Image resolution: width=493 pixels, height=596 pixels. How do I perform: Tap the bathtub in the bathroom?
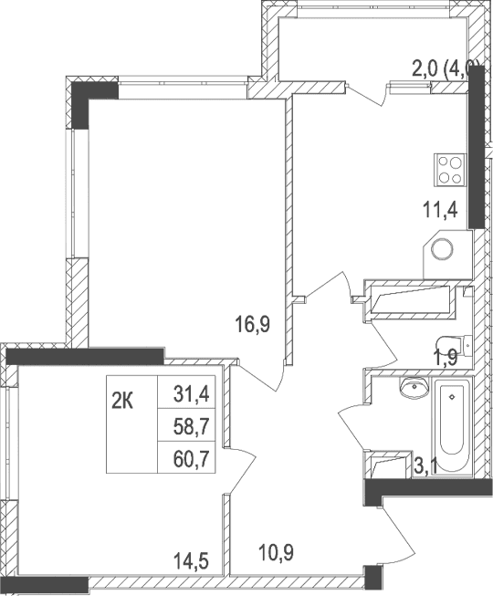point(451,426)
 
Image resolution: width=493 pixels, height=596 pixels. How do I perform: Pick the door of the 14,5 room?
point(241,465)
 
